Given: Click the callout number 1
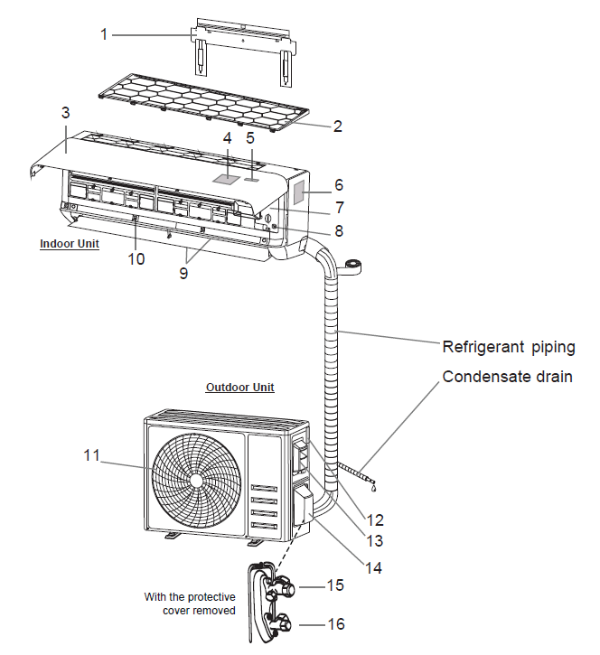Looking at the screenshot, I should (x=104, y=34).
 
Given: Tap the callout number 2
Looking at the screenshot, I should (x=337, y=126).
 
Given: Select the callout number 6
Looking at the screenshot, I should (x=338, y=184).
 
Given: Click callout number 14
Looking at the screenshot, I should (x=373, y=568).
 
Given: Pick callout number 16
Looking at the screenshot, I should (x=335, y=624).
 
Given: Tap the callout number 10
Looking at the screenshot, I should (x=136, y=259).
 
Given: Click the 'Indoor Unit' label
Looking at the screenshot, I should (x=70, y=244).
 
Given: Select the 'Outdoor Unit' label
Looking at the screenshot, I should (x=239, y=388).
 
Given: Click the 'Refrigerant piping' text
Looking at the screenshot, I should (x=508, y=347).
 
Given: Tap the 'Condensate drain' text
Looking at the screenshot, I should (x=507, y=377).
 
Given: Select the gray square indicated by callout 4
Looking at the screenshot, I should (x=228, y=178).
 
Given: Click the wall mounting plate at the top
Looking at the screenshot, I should (x=242, y=42).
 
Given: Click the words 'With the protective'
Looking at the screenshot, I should (x=190, y=596).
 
